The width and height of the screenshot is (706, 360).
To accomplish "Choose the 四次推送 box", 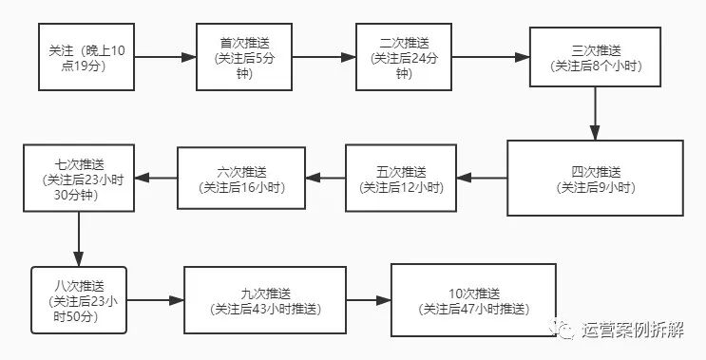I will [595, 178].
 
